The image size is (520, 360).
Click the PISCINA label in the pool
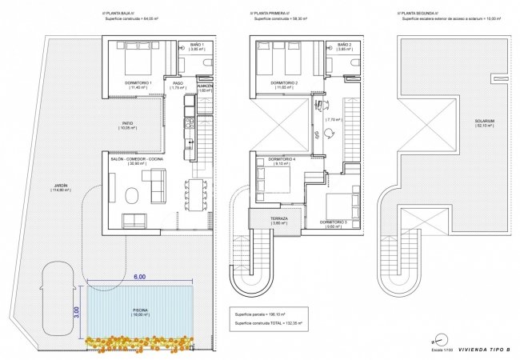coord(141,310)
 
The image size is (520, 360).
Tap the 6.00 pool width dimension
coord(140,276)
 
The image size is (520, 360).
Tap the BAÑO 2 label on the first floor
coord(344,44)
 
